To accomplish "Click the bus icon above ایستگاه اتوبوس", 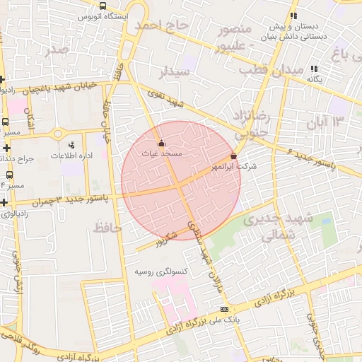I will click(103, 6).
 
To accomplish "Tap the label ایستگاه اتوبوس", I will click(103, 16).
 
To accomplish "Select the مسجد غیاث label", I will click(161, 153).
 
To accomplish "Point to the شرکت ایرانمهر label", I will click(234, 165).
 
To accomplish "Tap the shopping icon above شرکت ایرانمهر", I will click(234, 156).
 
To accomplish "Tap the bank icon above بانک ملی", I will click(225, 309).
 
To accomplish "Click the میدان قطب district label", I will click(271, 71).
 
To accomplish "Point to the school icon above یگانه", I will click(314, 69).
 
